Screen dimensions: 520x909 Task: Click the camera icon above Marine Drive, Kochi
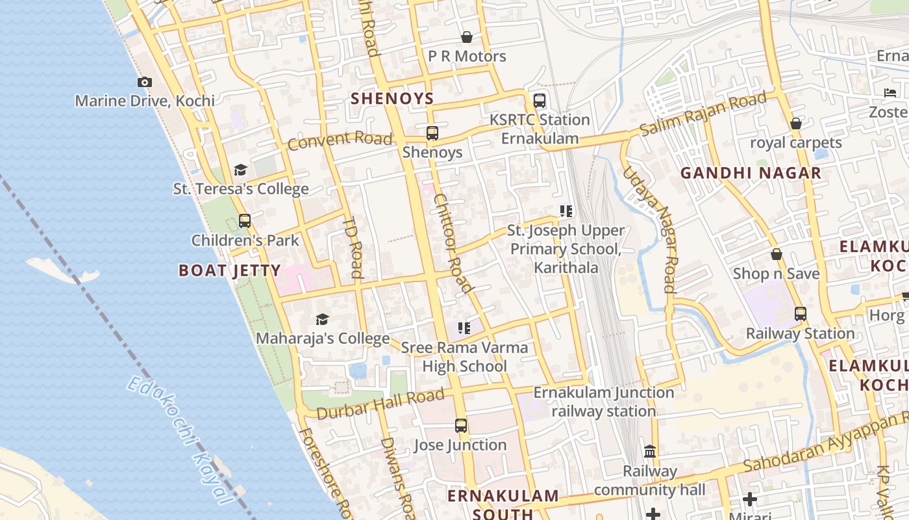(145, 82)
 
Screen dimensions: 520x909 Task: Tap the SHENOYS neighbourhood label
(392, 99)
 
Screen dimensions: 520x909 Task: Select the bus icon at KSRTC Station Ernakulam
(539, 101)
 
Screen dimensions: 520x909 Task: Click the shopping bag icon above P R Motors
(466, 37)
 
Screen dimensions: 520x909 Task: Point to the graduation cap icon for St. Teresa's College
(240, 170)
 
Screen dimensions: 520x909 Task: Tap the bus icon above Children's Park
(244, 221)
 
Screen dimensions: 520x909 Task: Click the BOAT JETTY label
(229, 271)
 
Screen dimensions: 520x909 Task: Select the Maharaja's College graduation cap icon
(322, 319)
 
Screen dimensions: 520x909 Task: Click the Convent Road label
(340, 140)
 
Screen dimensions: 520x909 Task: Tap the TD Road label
(355, 247)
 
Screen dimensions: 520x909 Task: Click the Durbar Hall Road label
(380, 403)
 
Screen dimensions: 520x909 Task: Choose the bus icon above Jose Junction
(461, 426)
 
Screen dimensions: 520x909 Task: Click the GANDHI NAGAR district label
(751, 174)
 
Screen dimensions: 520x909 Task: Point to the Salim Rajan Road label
(703, 114)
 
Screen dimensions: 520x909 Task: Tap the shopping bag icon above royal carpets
(795, 123)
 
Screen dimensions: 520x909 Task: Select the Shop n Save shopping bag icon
(776, 254)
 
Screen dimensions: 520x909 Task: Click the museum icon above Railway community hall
(650, 451)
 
